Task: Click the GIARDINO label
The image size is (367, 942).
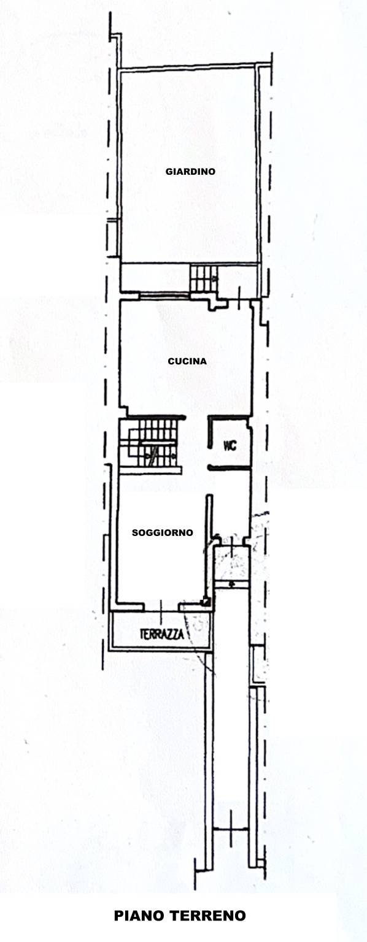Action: tap(190, 171)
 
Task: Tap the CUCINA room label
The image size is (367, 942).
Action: tap(187, 361)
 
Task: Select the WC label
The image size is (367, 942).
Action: tap(230, 446)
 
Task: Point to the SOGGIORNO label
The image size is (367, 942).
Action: tap(163, 532)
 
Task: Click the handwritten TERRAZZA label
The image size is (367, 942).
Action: tap(162, 634)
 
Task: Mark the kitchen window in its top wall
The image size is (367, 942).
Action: tap(164, 296)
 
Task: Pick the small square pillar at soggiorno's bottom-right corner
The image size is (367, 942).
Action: tap(206, 602)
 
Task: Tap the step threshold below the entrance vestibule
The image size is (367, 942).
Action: tap(231, 584)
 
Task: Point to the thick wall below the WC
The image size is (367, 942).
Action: tap(230, 467)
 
